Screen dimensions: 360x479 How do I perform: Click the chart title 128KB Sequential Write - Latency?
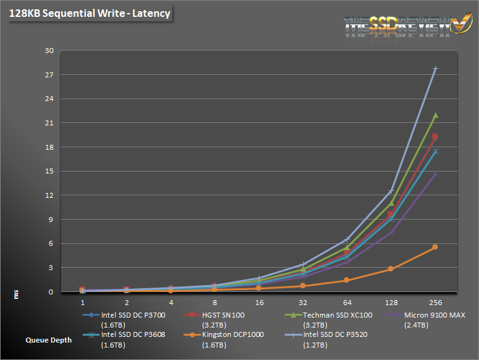[x=89, y=13]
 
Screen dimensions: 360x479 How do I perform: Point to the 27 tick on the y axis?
[x=50, y=75]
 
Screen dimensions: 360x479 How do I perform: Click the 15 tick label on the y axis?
[x=50, y=172]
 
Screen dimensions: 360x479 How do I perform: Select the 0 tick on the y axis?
[x=52, y=292]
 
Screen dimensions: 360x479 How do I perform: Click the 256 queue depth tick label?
[x=435, y=302]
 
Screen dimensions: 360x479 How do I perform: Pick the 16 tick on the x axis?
[x=259, y=302]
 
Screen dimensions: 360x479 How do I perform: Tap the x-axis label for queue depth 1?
[x=83, y=302]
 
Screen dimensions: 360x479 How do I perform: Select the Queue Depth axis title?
[x=49, y=341]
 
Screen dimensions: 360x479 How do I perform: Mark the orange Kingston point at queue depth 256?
[x=435, y=247]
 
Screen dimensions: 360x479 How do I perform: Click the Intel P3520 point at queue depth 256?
[x=435, y=69]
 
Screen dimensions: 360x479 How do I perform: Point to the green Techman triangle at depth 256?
[x=435, y=115]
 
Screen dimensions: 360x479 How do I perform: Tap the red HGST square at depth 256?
[x=435, y=137]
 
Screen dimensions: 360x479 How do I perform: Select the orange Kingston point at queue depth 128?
[x=391, y=269]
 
